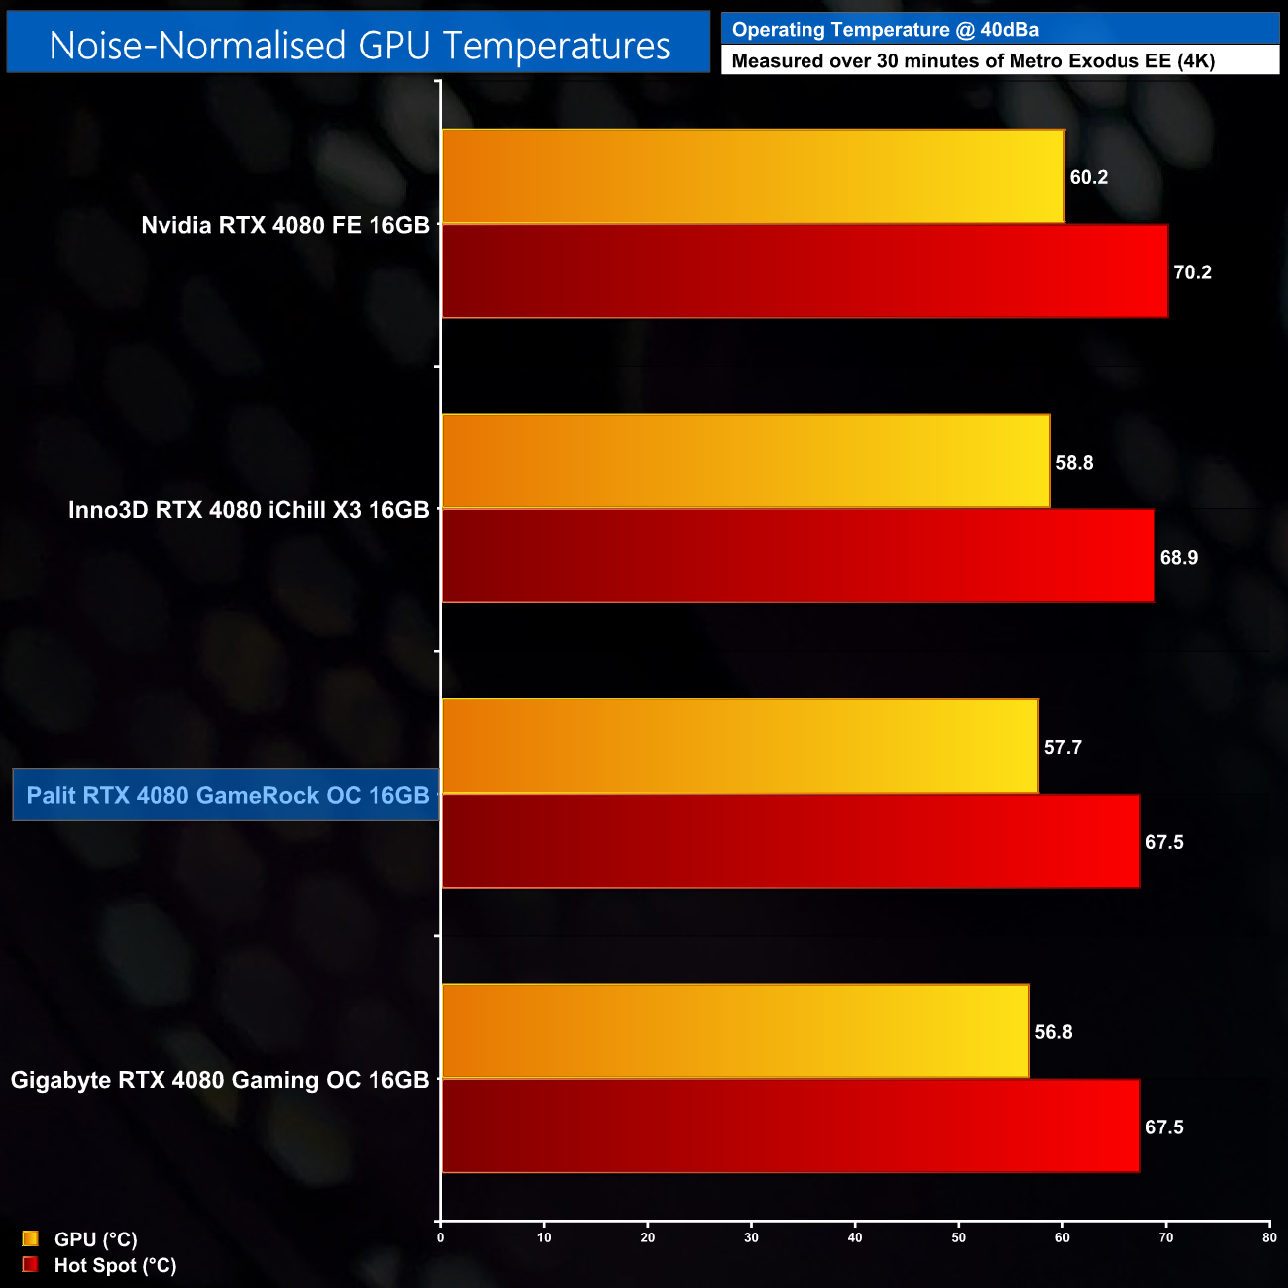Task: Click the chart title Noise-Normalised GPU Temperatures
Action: [359, 46]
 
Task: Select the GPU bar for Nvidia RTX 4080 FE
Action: [752, 176]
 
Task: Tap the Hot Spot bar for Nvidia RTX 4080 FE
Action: [804, 271]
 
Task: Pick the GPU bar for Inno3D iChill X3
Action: [745, 462]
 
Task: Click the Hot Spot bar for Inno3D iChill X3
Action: [798, 557]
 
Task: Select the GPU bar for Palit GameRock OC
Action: [739, 747]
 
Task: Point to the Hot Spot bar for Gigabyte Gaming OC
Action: [790, 1127]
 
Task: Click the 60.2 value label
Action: [1088, 178]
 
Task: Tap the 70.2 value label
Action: [1192, 272]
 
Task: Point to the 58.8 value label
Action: [1074, 463]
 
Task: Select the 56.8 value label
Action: [1053, 1032]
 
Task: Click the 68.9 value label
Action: [1178, 558]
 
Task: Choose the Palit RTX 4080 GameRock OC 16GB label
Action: [227, 796]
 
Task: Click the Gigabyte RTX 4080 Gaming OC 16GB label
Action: [220, 1080]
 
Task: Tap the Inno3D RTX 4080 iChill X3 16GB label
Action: [249, 510]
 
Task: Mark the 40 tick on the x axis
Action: [855, 1237]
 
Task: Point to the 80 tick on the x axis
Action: [1269, 1237]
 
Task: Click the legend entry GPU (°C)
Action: [95, 1239]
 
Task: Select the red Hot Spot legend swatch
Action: [30, 1265]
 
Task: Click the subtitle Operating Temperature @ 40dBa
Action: [885, 30]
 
